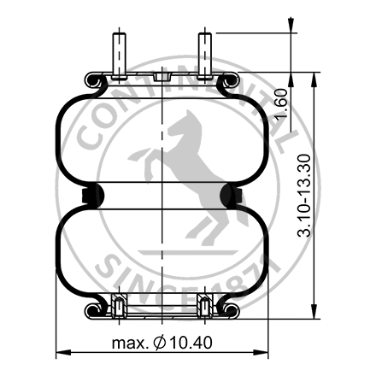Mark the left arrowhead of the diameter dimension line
[x=61, y=354]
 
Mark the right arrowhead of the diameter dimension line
[x=264, y=354]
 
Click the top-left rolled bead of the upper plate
[x=95, y=82]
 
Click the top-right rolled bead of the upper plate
[x=227, y=82]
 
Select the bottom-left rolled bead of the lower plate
[x=95, y=308]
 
